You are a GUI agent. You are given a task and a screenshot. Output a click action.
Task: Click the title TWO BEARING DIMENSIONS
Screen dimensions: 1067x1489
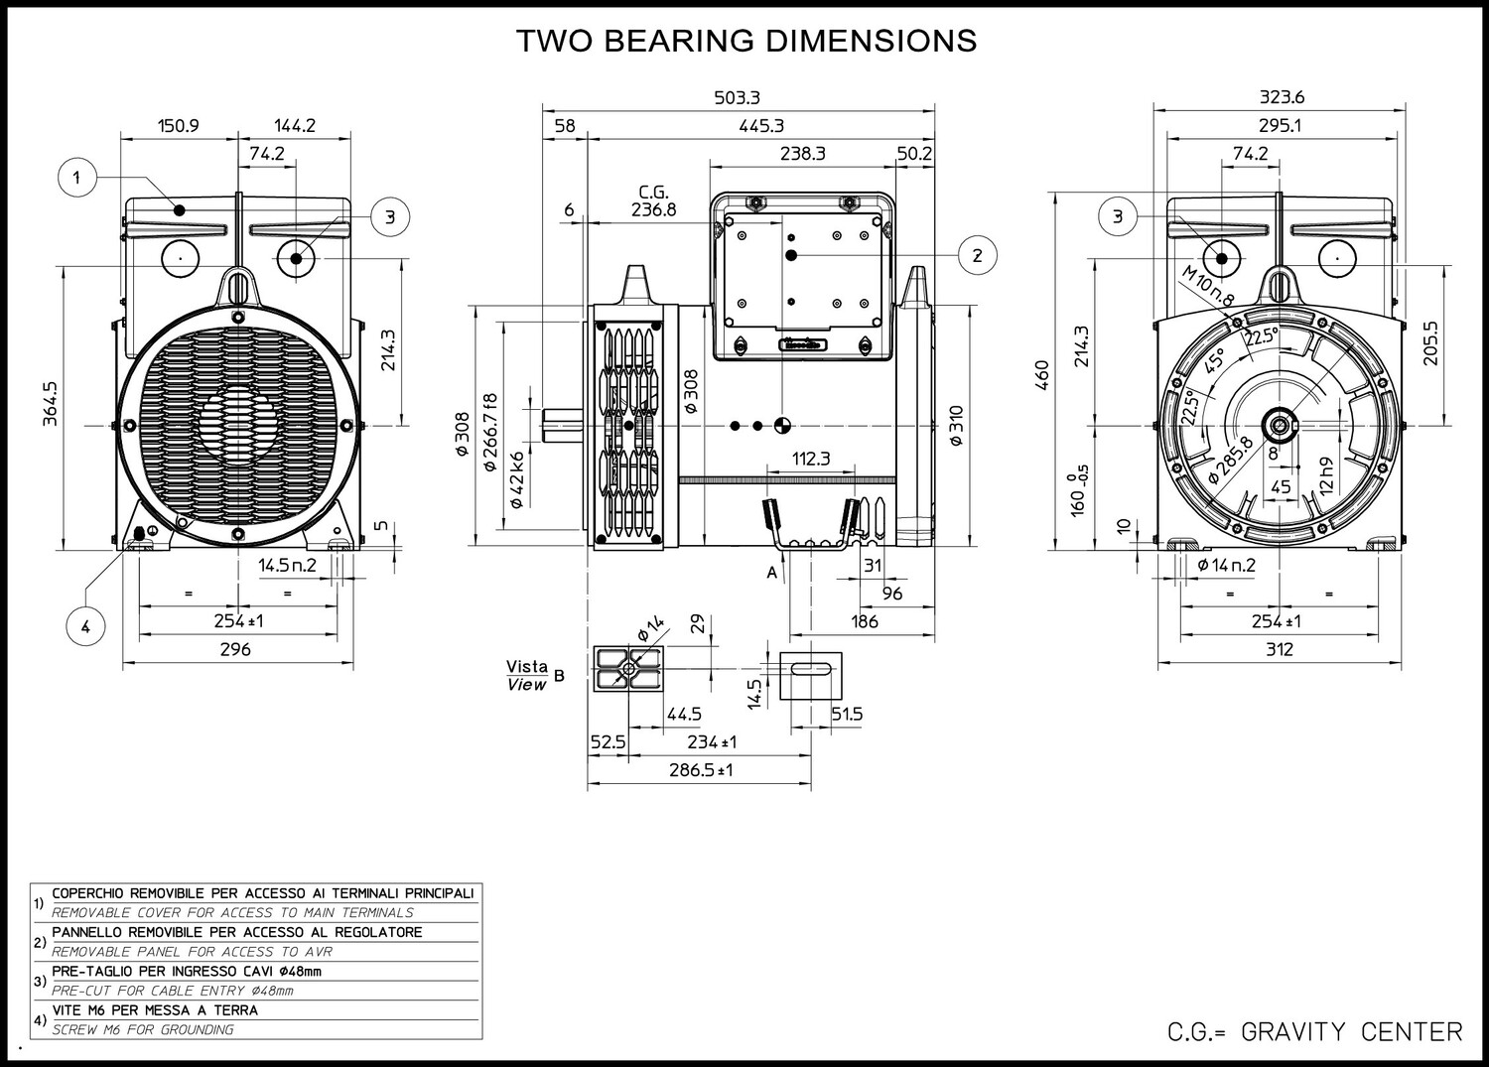pos(746,41)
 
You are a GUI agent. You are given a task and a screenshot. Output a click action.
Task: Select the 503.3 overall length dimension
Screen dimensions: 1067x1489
pos(738,97)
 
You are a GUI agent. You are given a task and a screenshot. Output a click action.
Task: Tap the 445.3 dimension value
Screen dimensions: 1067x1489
pos(761,125)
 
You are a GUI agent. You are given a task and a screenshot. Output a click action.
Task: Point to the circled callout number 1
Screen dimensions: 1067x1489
pos(77,179)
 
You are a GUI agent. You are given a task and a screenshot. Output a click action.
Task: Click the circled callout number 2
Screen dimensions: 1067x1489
pos(977,255)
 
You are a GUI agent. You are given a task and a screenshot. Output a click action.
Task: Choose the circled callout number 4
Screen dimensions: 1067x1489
pos(85,626)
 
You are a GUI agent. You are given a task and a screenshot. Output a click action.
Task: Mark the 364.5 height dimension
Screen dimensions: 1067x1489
pos(51,405)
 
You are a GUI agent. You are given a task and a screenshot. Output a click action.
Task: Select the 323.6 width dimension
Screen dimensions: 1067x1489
pos(1282,97)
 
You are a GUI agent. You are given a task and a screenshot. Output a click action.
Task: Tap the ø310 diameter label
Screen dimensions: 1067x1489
pos(956,426)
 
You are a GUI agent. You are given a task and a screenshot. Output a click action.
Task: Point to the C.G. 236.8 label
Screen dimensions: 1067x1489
pos(653,201)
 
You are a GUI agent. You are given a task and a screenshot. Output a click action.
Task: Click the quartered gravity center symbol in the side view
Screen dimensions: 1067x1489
pos(781,426)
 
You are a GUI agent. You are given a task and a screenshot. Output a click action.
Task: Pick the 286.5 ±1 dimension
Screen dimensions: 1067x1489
pos(700,769)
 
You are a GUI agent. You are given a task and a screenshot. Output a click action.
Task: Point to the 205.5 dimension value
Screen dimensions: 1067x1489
pos(1430,342)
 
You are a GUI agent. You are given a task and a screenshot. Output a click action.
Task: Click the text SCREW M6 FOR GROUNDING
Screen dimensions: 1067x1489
pos(143,1029)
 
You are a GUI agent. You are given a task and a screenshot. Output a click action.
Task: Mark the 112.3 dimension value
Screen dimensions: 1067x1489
pos(811,459)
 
